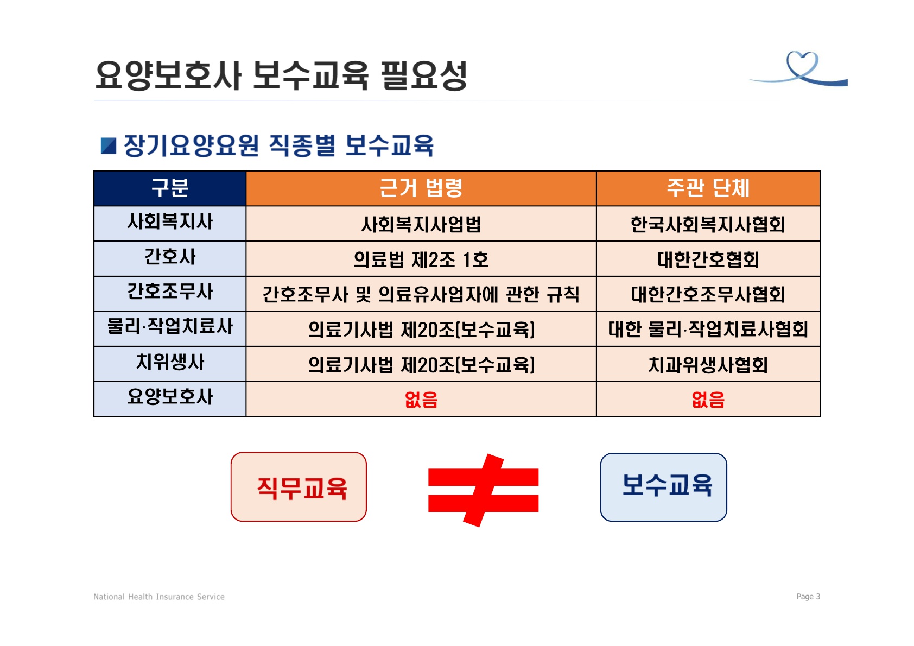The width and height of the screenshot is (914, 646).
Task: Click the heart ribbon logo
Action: [800, 69]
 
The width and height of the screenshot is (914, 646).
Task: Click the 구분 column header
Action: [170, 188]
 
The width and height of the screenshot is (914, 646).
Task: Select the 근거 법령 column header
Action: [421, 188]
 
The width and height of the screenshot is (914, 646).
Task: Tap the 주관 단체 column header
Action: [708, 188]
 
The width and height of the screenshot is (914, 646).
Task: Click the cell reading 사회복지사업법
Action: [421, 224]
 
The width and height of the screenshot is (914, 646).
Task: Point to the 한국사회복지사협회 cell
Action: [708, 224]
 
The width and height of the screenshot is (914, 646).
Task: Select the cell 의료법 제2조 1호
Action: [421, 259]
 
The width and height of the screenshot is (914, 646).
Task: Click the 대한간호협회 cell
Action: [708, 259]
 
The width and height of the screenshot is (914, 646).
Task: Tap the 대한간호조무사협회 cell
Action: [708, 294]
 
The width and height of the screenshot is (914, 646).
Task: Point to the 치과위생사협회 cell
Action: [708, 364]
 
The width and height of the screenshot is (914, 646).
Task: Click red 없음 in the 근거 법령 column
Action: [421, 399]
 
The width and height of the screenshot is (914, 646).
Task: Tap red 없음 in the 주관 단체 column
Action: [708, 399]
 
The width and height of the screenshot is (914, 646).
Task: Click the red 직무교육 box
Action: [299, 486]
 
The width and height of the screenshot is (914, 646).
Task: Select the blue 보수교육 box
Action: [664, 487]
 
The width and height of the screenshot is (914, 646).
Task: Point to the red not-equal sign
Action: [484, 490]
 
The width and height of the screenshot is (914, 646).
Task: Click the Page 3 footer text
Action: [808, 597]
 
